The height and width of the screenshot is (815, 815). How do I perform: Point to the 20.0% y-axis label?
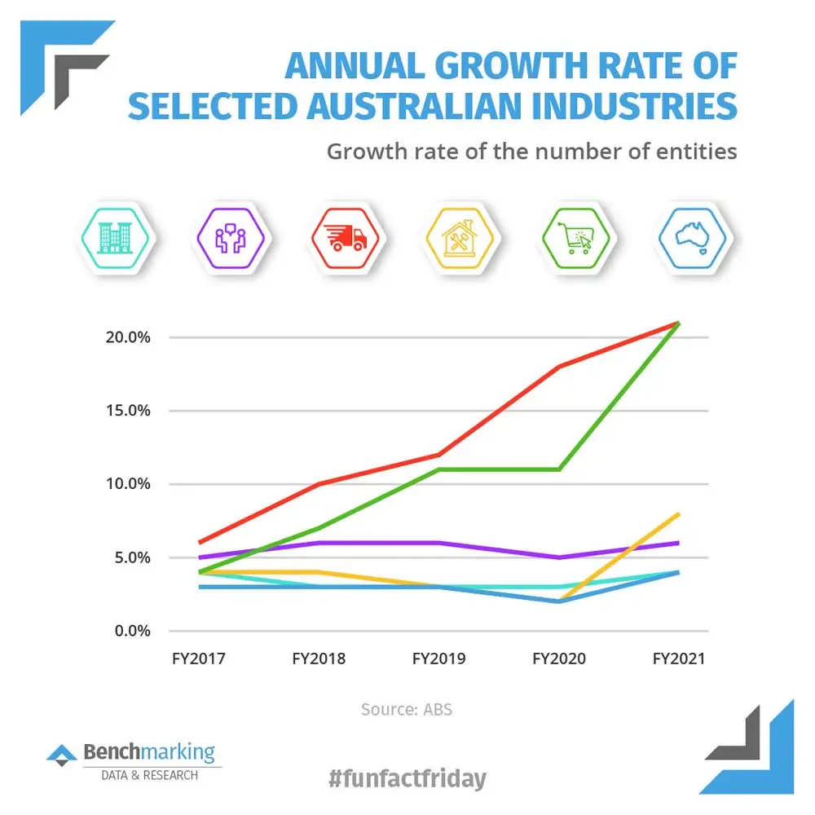pyautogui.click(x=129, y=337)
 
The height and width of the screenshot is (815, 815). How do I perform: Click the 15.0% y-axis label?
pyautogui.click(x=129, y=411)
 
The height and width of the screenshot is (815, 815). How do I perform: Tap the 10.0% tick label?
pyautogui.click(x=129, y=484)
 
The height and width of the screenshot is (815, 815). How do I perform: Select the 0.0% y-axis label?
pyautogui.click(x=132, y=631)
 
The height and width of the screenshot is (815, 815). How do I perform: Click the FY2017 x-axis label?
pyautogui.click(x=199, y=659)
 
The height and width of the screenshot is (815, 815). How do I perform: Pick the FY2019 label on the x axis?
pyautogui.click(x=438, y=659)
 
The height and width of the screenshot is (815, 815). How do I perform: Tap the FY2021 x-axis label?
pyautogui.click(x=678, y=659)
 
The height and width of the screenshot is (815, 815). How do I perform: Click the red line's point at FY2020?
pyautogui.click(x=558, y=367)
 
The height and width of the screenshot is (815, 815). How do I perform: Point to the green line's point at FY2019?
pyautogui.click(x=438, y=469)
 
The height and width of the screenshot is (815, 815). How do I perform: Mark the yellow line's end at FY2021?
pyautogui.click(x=678, y=514)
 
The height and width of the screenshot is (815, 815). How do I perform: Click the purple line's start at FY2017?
pyautogui.click(x=200, y=557)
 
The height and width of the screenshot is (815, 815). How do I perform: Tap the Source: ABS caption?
pyautogui.click(x=407, y=709)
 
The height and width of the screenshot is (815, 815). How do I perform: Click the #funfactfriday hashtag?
pyautogui.click(x=407, y=779)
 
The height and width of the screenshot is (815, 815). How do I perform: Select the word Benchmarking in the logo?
pyautogui.click(x=149, y=751)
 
